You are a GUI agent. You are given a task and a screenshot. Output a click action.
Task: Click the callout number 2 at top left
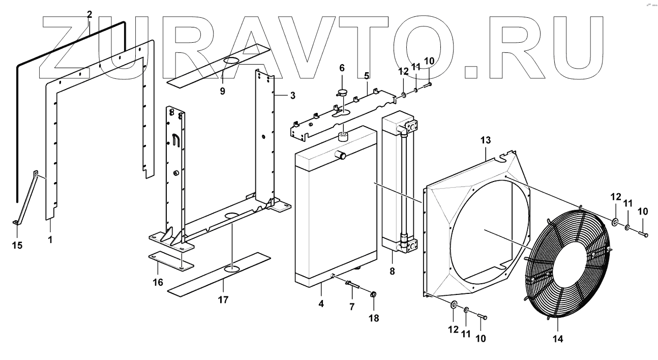coord(89,14)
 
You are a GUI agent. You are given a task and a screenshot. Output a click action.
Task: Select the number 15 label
coord(18,246)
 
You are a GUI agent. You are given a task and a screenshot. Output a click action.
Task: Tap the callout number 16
coord(158,282)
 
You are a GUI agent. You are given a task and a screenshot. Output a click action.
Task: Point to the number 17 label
coord(223,299)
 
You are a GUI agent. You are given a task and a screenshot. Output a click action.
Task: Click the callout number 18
coord(374,319)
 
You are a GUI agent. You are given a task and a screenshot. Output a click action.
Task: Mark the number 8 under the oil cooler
coord(392,272)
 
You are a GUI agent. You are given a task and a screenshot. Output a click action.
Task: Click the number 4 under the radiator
coord(321,304)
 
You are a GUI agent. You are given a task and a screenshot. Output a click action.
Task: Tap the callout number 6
coord(342,68)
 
